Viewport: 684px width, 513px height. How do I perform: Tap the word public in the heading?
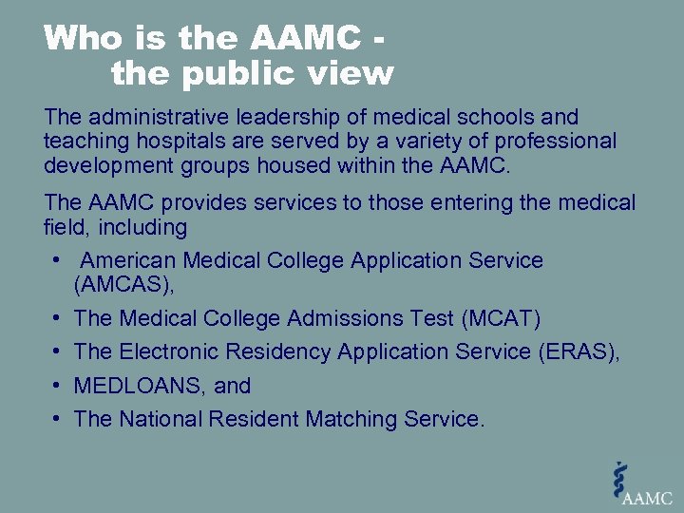click(250, 72)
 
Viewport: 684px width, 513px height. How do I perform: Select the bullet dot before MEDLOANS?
click(59, 386)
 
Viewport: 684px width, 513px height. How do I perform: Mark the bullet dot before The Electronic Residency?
click(59, 351)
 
